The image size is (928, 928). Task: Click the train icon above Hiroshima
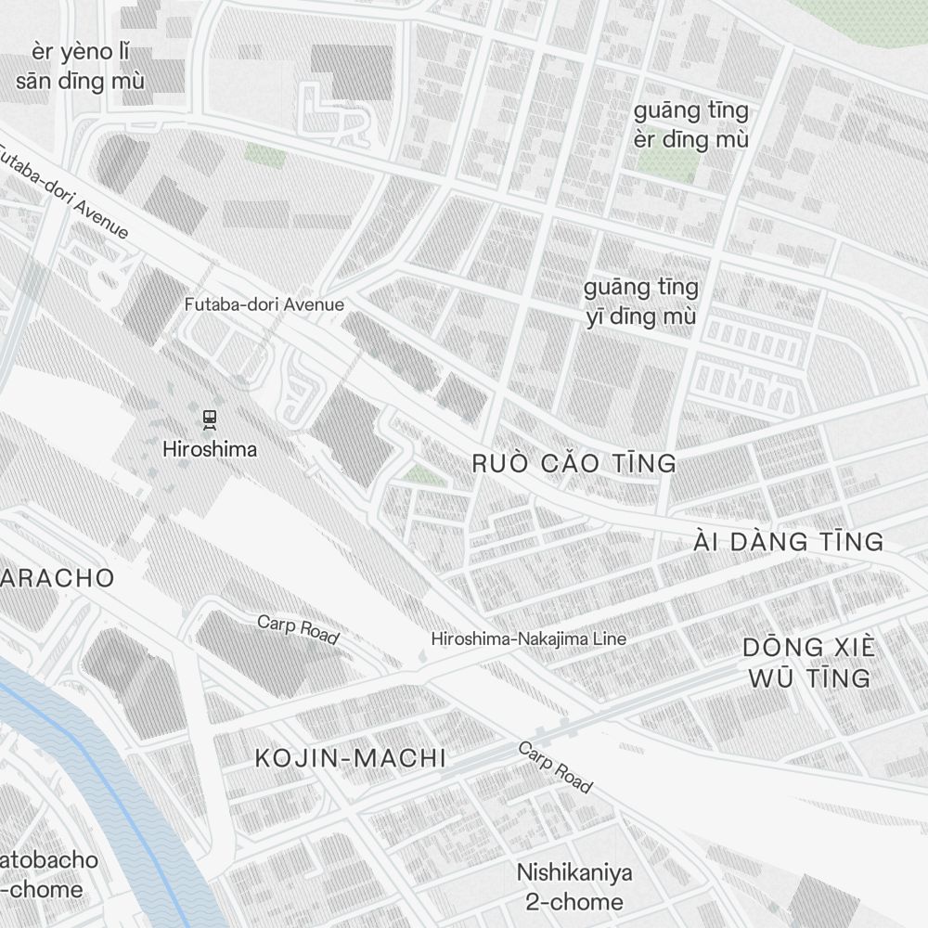(x=210, y=419)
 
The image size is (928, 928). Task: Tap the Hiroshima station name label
(x=210, y=450)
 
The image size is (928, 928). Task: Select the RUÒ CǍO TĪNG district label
(x=574, y=463)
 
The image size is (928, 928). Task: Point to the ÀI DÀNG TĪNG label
(x=788, y=542)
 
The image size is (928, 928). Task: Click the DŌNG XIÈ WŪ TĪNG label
(x=809, y=663)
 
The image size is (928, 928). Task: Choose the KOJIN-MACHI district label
(x=350, y=758)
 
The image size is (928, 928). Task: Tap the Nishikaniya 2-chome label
(x=574, y=886)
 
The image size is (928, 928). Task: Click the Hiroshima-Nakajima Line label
(x=528, y=638)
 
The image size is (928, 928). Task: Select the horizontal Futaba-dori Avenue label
(x=264, y=304)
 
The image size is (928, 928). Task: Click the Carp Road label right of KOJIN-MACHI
(x=554, y=767)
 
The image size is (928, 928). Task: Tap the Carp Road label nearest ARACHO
(x=298, y=629)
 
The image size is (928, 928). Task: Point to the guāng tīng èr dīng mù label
(x=690, y=125)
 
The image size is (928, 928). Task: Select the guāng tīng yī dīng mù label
(x=640, y=302)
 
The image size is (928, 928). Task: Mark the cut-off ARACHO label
(x=58, y=578)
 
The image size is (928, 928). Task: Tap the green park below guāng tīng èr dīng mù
(x=667, y=165)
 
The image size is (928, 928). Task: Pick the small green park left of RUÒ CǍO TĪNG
(x=424, y=475)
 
